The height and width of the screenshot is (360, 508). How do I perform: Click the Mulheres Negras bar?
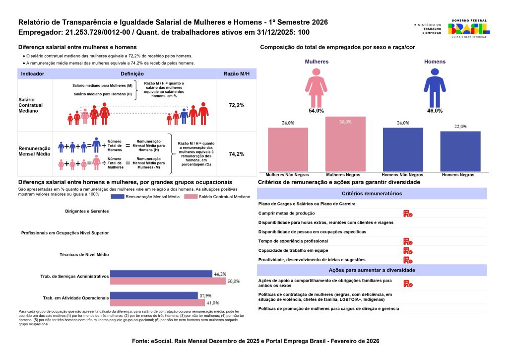pyautogui.click(x=345, y=144)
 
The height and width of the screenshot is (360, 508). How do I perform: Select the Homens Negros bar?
pyautogui.click(x=460, y=151)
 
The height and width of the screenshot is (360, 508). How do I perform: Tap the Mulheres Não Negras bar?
pyautogui.click(x=288, y=149)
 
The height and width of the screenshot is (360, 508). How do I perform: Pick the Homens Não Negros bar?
pyautogui.click(x=403, y=149)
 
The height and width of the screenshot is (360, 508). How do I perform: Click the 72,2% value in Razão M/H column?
pyautogui.click(x=236, y=106)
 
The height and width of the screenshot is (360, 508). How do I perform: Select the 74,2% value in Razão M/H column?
pyautogui.click(x=236, y=154)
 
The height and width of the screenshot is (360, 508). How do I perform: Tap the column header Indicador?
pyautogui.click(x=33, y=73)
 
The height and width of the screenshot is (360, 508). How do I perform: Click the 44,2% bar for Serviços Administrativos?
pyautogui.click(x=161, y=274)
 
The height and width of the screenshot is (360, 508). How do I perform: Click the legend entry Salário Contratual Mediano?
pyautogui.click(x=217, y=197)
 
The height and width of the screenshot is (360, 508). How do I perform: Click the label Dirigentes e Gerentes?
pyautogui.click(x=87, y=211)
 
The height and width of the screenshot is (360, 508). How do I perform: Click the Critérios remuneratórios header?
pyautogui.click(x=372, y=194)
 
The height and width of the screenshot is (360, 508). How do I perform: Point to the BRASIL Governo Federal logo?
pyautogui.click(x=468, y=29)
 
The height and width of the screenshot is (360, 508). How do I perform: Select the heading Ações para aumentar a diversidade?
pyautogui.click(x=372, y=270)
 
